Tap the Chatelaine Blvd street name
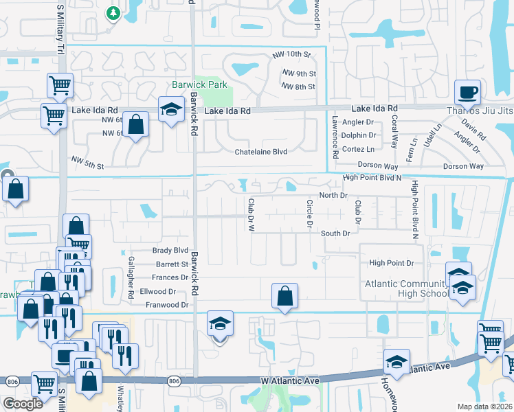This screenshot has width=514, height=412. pyautogui.click(x=260, y=151)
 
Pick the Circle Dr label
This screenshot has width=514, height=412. pyautogui.click(x=309, y=215)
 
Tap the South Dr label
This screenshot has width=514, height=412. pyautogui.click(x=336, y=233)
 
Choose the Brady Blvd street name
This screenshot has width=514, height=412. pyautogui.click(x=171, y=251)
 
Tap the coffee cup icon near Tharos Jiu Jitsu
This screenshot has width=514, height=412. pyautogui.click(x=467, y=92)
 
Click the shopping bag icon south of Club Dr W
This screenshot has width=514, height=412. pyautogui.click(x=284, y=297)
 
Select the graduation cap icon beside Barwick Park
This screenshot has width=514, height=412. pyautogui.click(x=171, y=109)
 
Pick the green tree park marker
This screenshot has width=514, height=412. pyautogui.click(x=113, y=12)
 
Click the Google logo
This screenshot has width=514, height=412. pyautogui.click(x=23, y=404)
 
